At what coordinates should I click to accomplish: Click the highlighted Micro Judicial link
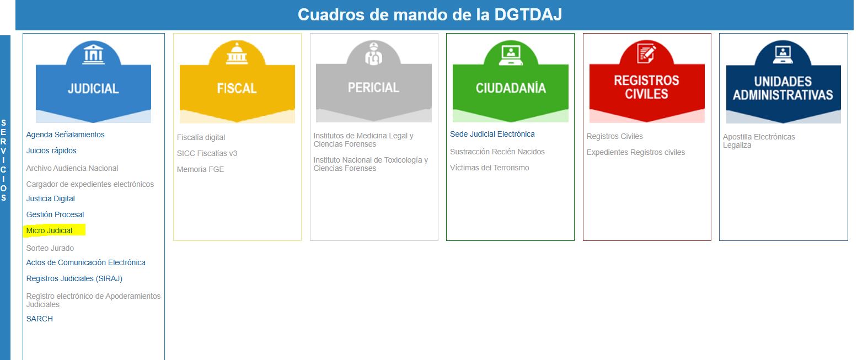[x=49, y=230]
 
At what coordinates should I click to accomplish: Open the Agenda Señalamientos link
[x=66, y=135]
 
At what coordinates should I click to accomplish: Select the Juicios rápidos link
[x=51, y=151]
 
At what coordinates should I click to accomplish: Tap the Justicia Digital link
[x=50, y=198]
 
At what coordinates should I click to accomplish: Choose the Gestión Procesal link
[x=55, y=214]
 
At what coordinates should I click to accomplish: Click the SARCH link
[x=40, y=319]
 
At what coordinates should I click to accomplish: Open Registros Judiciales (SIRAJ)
[x=74, y=278]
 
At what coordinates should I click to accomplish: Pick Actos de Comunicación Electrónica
[x=85, y=262]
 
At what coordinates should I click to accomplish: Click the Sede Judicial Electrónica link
[x=492, y=134]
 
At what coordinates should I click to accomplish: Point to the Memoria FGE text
[x=200, y=169]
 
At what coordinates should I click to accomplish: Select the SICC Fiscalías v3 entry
[x=207, y=153]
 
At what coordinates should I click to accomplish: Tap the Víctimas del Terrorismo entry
[x=489, y=168]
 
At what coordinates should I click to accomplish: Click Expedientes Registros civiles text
[x=635, y=152]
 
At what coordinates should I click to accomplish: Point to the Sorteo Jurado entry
[x=50, y=248]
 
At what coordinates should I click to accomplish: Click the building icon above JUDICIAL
[x=93, y=54]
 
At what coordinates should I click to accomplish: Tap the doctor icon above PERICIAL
[x=373, y=53]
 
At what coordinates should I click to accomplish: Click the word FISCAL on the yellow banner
[x=237, y=88]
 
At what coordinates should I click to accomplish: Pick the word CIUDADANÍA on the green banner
[x=511, y=88]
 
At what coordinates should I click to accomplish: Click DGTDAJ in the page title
[x=528, y=15]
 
